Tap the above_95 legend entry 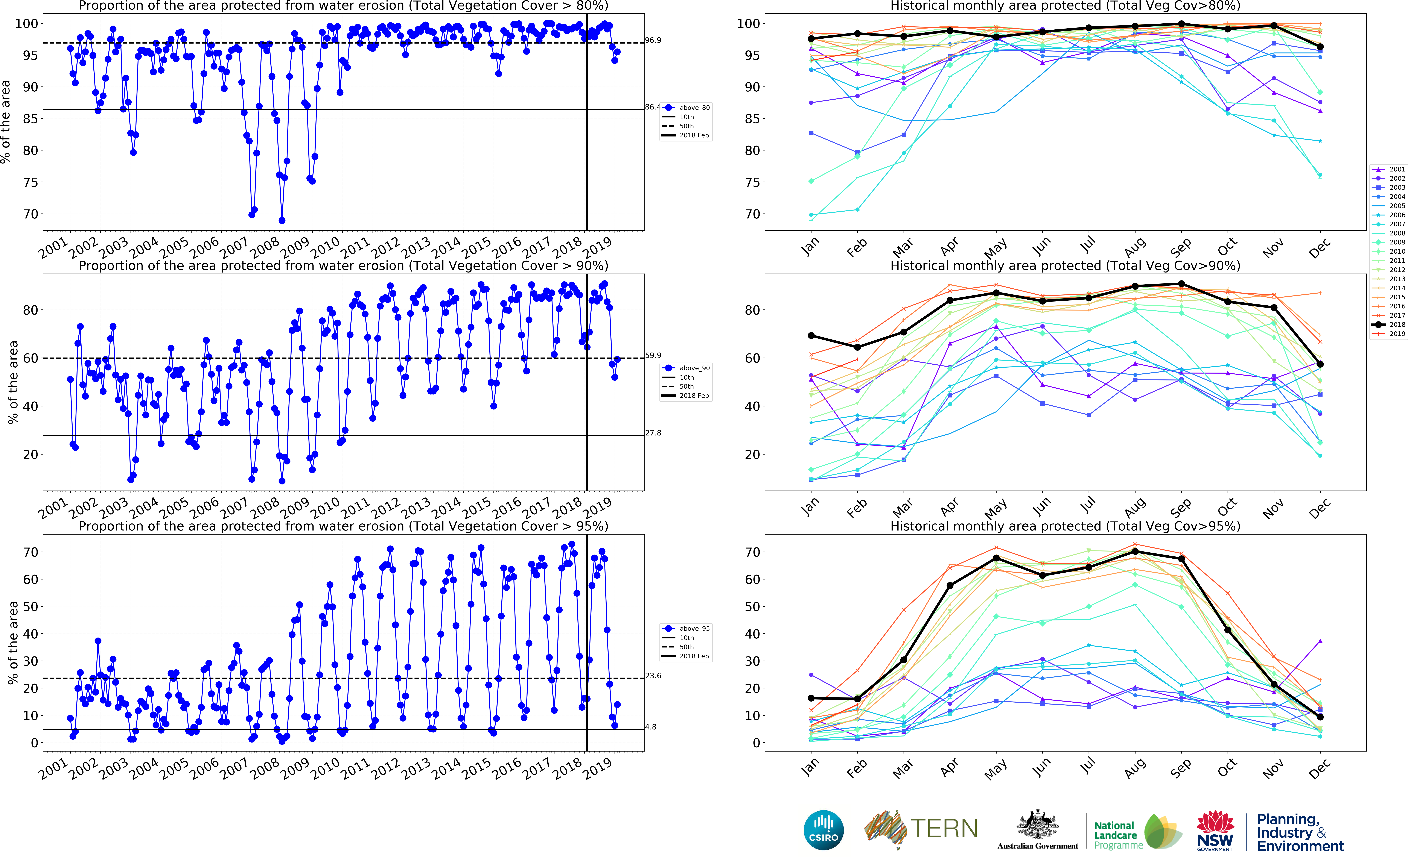[694, 628]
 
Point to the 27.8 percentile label [653, 433]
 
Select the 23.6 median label [653, 676]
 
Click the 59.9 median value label [653, 356]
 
